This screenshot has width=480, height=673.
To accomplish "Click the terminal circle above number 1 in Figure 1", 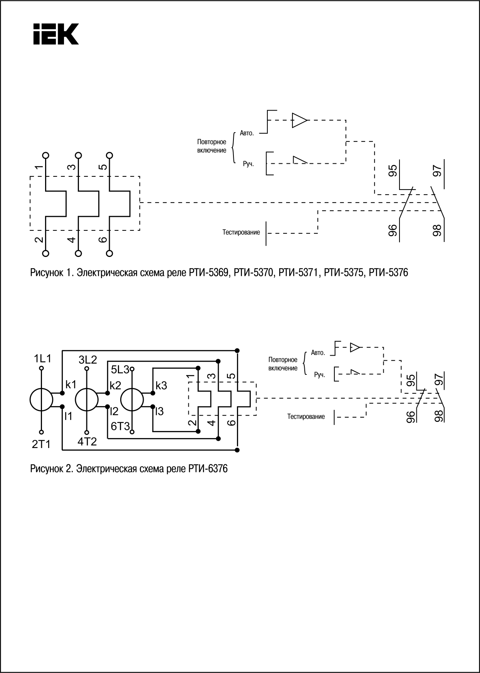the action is [x=46, y=155].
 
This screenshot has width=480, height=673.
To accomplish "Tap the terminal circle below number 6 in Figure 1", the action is [x=110, y=253].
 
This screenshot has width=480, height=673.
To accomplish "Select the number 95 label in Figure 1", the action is [x=393, y=171].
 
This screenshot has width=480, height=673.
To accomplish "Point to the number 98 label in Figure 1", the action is [x=437, y=231].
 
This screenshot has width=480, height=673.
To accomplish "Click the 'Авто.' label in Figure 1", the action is [x=247, y=133].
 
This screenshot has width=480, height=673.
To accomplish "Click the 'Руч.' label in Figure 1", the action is [x=248, y=164].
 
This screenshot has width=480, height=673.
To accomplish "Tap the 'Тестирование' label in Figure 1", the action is [x=241, y=232].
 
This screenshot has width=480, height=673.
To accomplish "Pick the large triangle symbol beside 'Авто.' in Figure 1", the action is [x=300, y=120].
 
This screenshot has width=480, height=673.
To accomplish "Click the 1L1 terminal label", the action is [x=42, y=359].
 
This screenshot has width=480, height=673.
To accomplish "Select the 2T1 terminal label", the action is [x=41, y=445].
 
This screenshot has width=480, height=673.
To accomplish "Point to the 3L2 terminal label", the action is [x=88, y=360].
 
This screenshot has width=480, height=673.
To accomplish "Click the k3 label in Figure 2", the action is [x=161, y=385].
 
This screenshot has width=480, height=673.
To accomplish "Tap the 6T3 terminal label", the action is [x=120, y=426].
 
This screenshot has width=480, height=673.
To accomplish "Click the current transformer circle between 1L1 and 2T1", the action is [x=41, y=400].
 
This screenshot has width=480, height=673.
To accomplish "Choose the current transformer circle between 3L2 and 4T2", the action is [x=87, y=400].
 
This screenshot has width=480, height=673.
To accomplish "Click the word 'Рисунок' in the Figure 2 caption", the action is [x=47, y=469].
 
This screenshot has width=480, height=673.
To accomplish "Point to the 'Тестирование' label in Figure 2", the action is [x=306, y=416].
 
